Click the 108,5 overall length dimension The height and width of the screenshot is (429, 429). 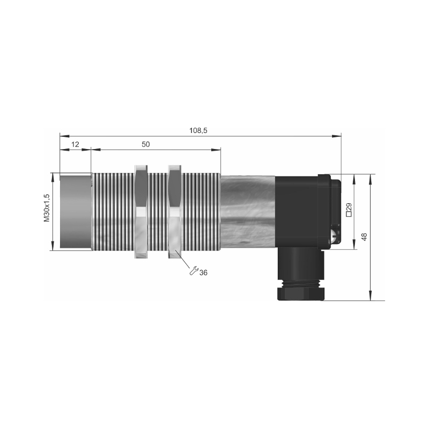tap(198, 130)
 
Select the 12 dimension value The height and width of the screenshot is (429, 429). tap(75, 144)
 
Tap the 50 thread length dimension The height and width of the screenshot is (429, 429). tap(146, 144)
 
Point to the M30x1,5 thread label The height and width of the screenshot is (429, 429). tap(47, 208)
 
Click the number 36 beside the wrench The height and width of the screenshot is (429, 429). tap(203, 272)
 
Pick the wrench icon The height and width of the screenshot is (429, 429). tap(194, 270)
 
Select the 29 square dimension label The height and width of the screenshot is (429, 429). tap(349, 210)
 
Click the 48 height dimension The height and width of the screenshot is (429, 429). tap(364, 237)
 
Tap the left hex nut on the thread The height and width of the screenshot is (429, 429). tap(142, 212)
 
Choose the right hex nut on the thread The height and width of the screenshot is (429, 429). tap(174, 212)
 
